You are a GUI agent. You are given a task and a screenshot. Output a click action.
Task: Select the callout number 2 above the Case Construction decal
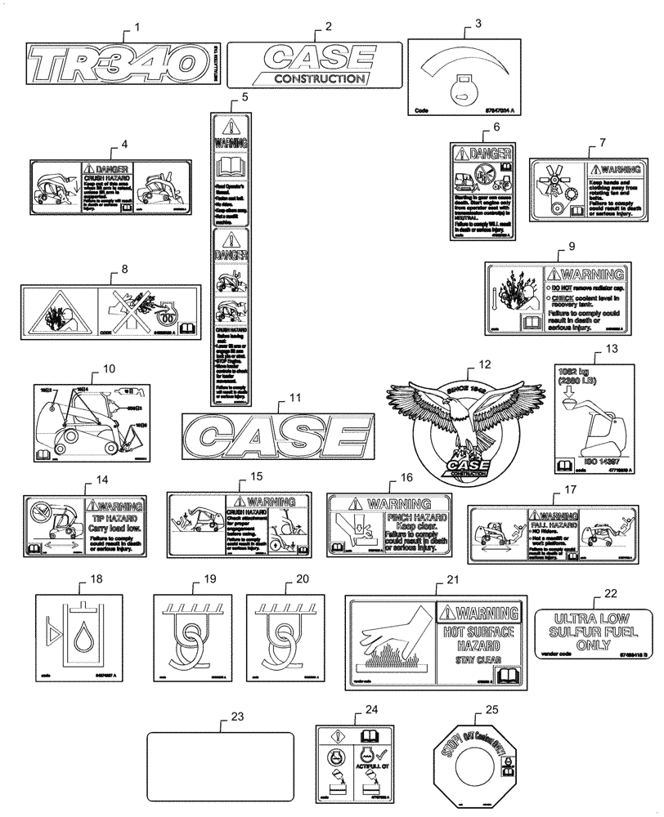pos(328,26)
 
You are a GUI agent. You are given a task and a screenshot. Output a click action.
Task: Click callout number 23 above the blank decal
pos(238,717)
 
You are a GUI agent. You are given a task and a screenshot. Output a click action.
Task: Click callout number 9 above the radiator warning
pos(572,246)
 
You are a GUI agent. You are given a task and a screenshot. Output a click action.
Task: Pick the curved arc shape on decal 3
pos(454,64)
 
